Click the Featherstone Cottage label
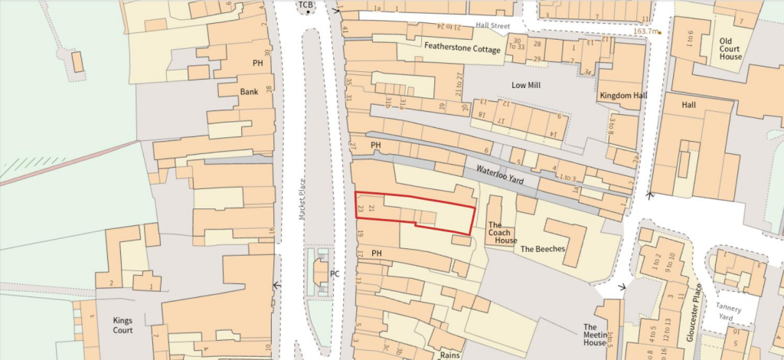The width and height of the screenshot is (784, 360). click(x=462, y=48)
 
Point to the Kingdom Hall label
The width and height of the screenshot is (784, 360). click(x=623, y=95)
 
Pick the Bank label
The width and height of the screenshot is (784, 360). click(x=249, y=90)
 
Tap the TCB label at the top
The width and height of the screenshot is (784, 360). click(x=306, y=5)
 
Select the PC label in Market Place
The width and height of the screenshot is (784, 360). click(x=335, y=273)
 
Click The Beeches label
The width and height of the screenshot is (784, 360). click(x=542, y=249)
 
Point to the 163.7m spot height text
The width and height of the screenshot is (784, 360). click(x=646, y=31)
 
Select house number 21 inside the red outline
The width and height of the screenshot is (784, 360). click(x=371, y=208)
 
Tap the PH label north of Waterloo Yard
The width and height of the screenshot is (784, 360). click(x=375, y=144)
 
